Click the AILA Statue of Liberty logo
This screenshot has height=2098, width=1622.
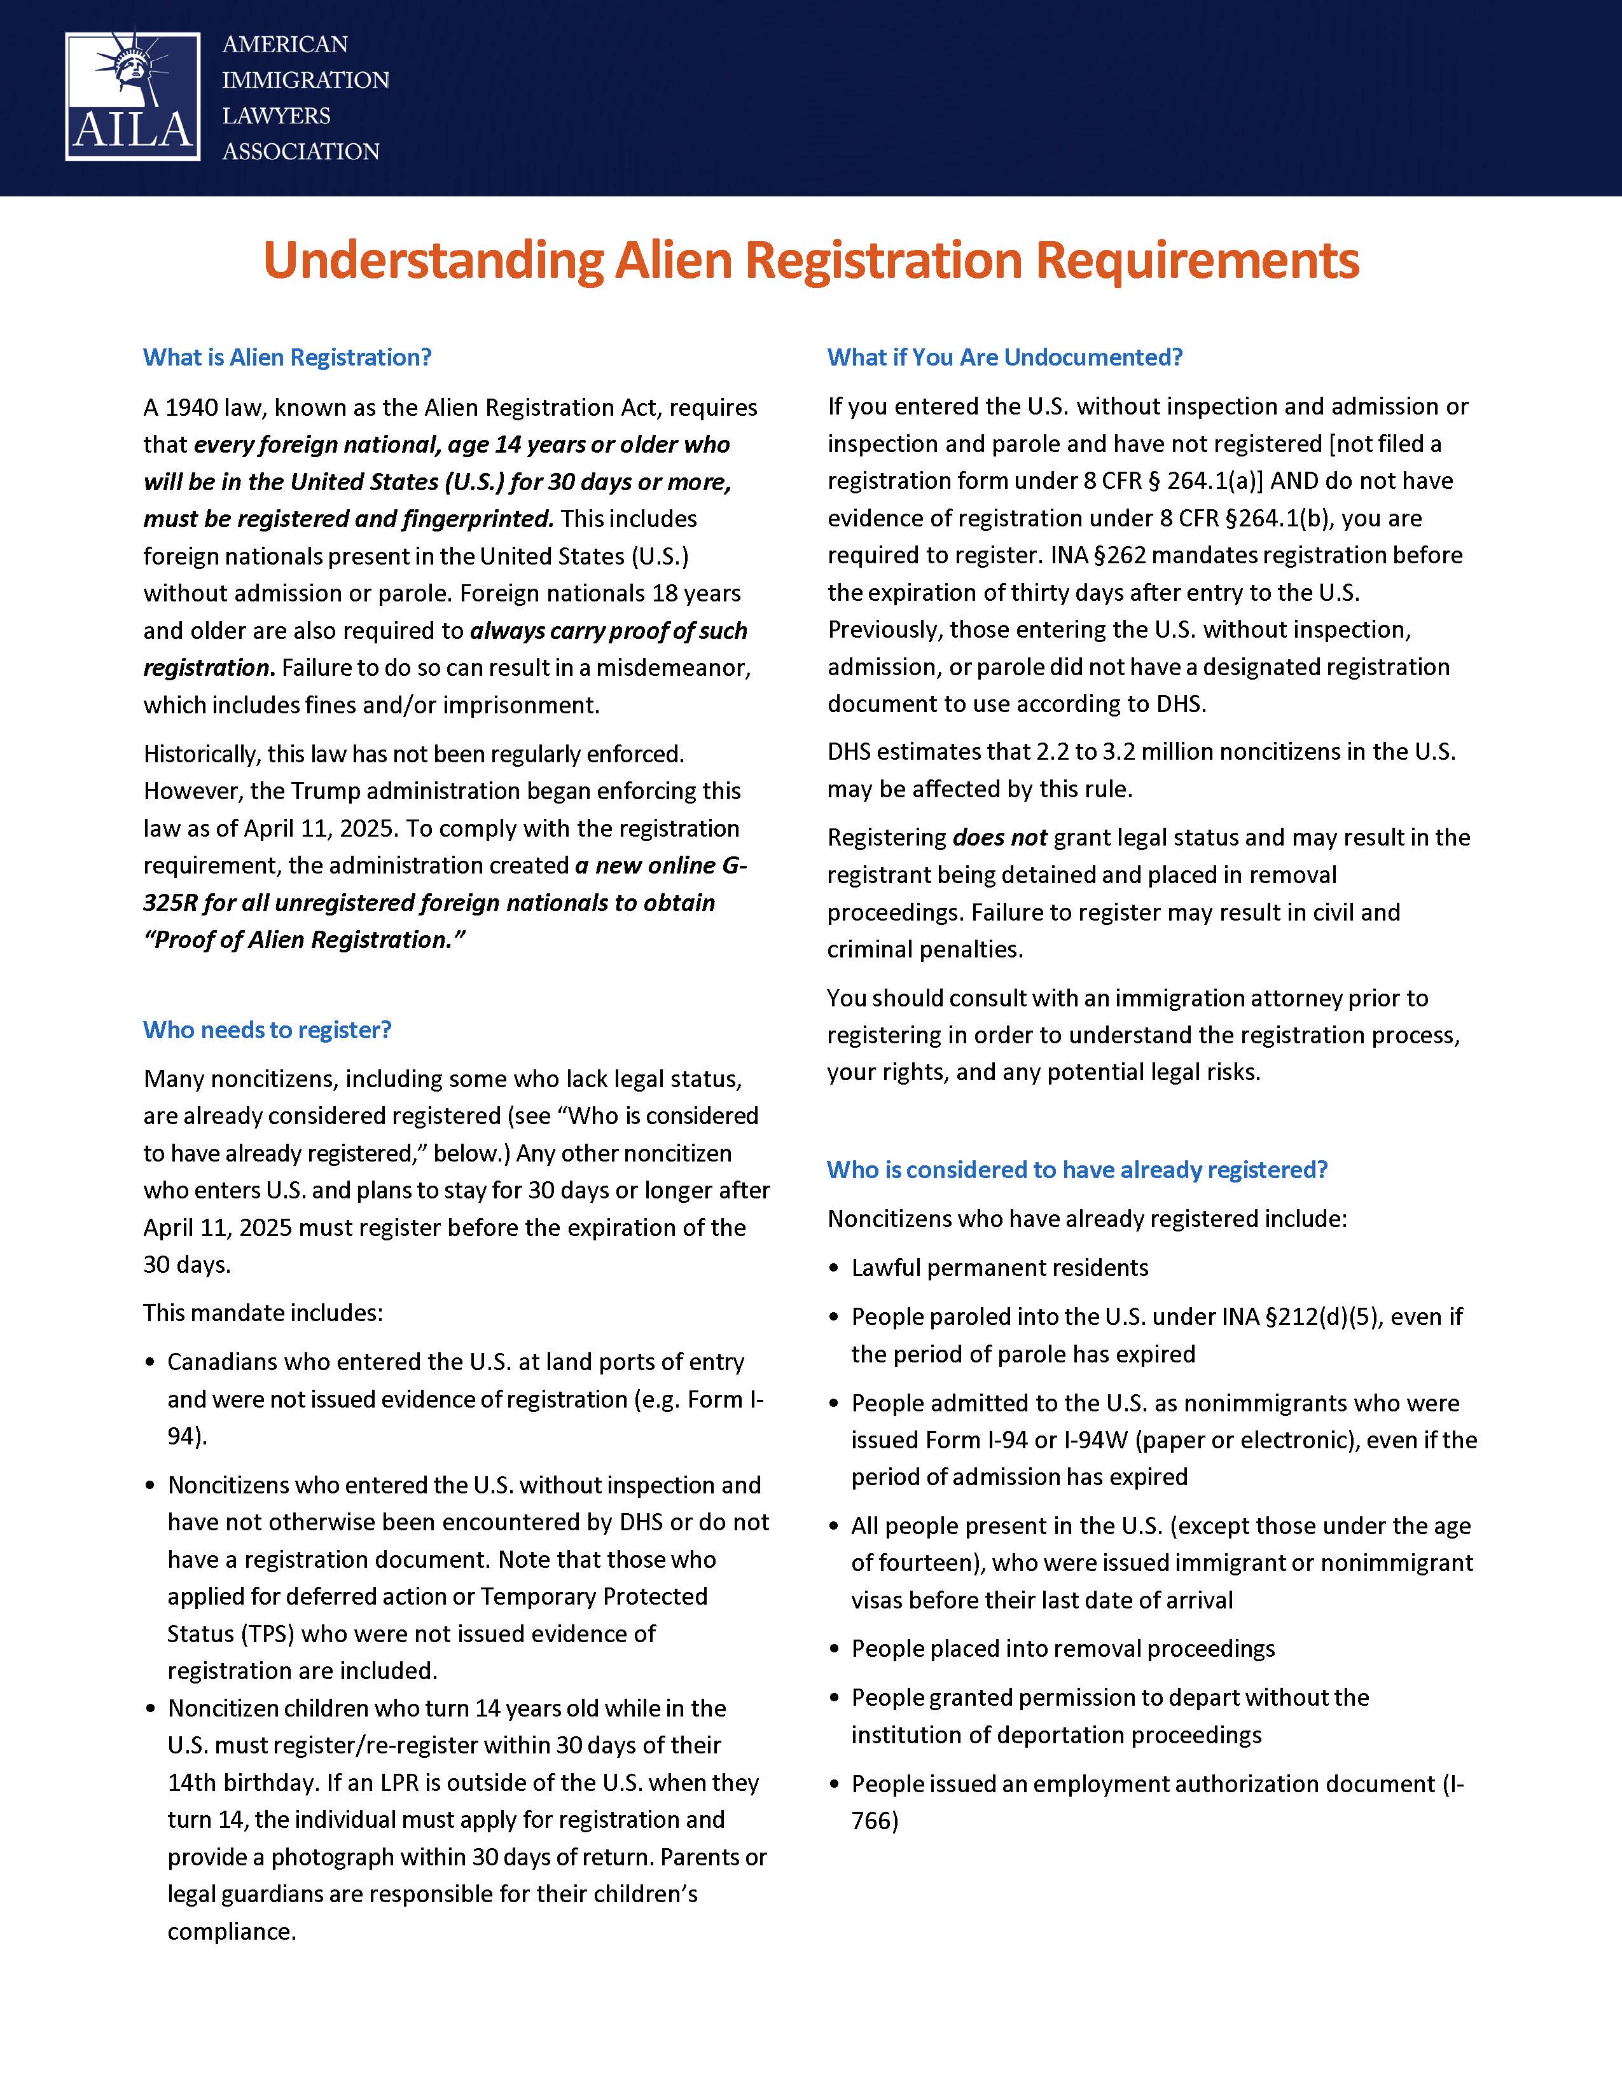click(x=132, y=96)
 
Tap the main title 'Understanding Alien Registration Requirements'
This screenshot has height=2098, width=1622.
click(x=811, y=260)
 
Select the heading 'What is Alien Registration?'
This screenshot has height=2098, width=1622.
click(x=288, y=357)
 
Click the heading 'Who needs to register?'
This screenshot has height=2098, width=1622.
click(x=267, y=1030)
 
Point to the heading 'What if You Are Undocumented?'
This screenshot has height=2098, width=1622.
click(x=1004, y=357)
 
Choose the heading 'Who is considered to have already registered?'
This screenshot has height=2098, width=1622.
click(x=1076, y=1170)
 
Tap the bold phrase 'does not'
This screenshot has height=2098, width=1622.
click(x=999, y=838)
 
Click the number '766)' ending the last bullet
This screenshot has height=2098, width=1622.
click(x=875, y=1821)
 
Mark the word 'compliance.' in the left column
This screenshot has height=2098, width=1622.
click(x=232, y=1932)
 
